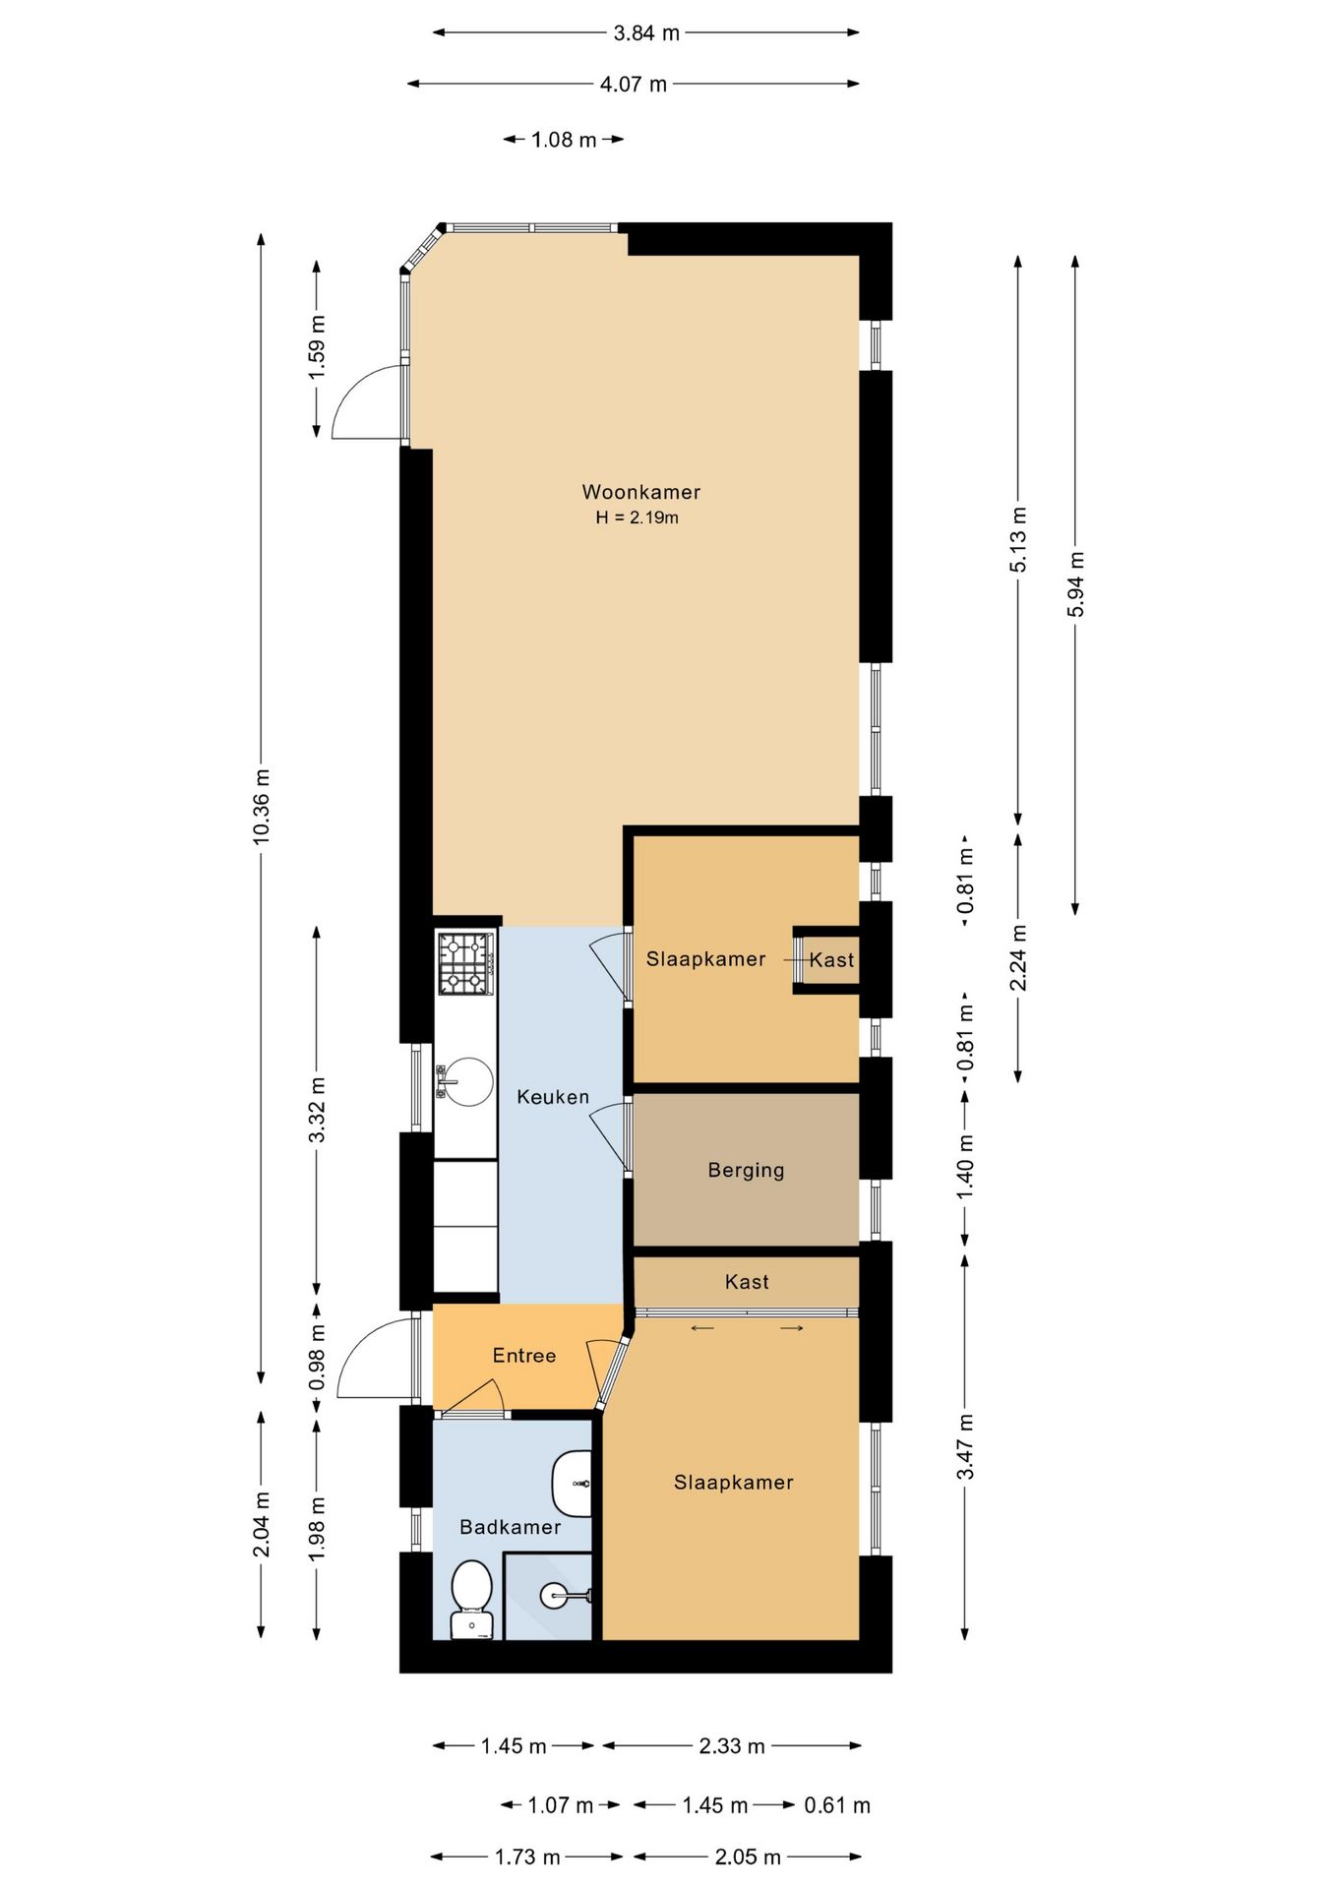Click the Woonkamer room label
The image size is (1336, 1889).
point(640,492)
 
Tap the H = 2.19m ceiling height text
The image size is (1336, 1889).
point(637,518)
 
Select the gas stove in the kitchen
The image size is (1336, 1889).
point(465,962)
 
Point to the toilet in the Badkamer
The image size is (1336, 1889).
point(471,1600)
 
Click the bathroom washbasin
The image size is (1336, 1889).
point(572,1484)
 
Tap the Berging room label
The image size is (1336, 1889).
point(746,1170)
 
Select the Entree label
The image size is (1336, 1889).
point(524,1356)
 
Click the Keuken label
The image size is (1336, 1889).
point(553,1097)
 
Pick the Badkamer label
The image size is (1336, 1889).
point(510,1527)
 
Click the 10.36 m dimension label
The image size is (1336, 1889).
point(261,806)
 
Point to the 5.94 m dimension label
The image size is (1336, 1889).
point(1075,584)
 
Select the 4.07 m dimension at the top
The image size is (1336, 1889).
point(634,85)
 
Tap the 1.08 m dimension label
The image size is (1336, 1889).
point(564,140)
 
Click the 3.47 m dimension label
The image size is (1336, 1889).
point(965,1446)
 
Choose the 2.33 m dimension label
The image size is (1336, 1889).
point(732,1746)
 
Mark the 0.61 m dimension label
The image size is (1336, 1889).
point(837,1805)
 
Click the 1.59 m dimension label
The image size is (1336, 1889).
point(316,347)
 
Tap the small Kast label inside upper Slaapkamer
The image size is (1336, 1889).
point(831,960)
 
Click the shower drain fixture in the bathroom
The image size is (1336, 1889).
point(566,1596)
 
